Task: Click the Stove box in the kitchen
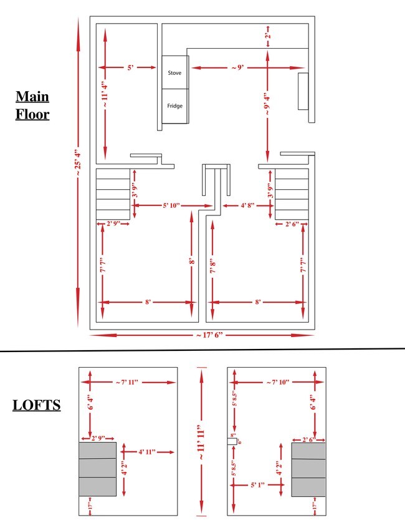[174, 73]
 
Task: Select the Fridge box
[174, 106]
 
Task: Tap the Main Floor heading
[32, 105]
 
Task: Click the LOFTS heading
[37, 405]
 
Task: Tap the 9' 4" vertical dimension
[267, 104]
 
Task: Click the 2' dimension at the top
[267, 36]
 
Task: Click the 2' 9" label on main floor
[113, 223]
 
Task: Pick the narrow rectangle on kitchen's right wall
[303, 92]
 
